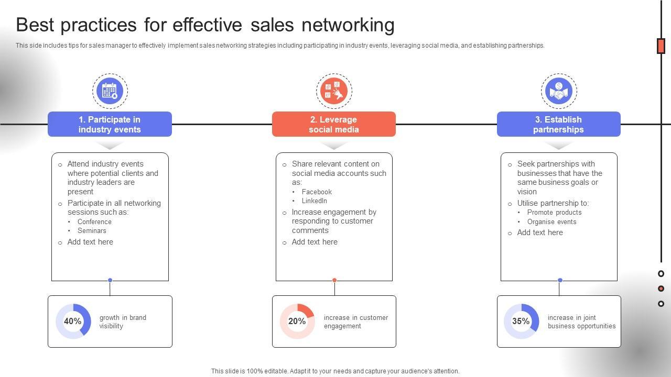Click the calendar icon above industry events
pos(110,91)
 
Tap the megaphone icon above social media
pos(334,91)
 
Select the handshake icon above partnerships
pos(559,91)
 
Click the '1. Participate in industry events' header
pos(110,124)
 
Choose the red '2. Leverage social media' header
pos(334,124)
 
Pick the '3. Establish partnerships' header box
pos(558,124)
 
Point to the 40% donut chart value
pos(73,321)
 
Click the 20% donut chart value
pos(297,321)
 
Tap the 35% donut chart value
pos(521,321)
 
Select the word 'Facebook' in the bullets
pos(317,192)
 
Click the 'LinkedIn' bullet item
pos(315,201)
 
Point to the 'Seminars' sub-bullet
pos(92,231)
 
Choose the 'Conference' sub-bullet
pos(94,222)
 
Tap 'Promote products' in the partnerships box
pos(554,213)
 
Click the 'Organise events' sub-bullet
pos(551,222)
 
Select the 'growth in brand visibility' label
pos(123,322)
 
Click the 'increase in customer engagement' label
pos(356,322)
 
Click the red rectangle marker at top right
pos(661,46)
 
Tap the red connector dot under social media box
pos(334,280)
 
